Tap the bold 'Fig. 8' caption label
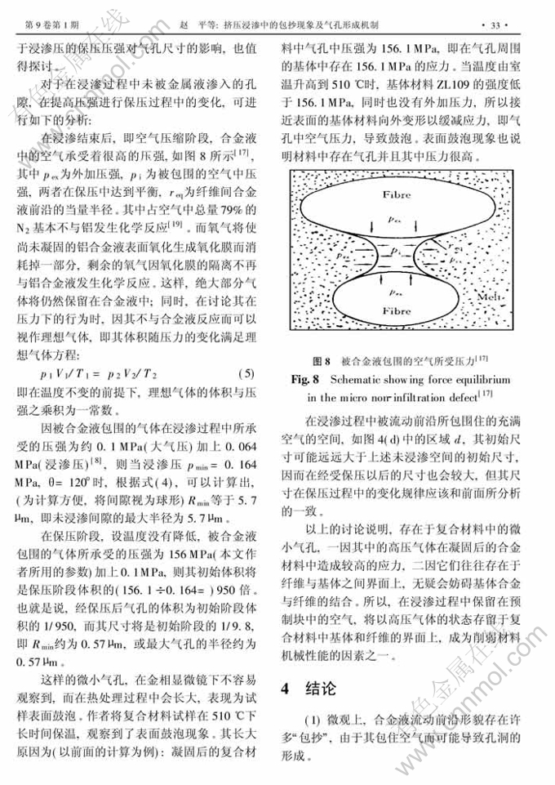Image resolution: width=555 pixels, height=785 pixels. click(306, 380)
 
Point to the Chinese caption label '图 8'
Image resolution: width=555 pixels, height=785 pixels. click(322, 360)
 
